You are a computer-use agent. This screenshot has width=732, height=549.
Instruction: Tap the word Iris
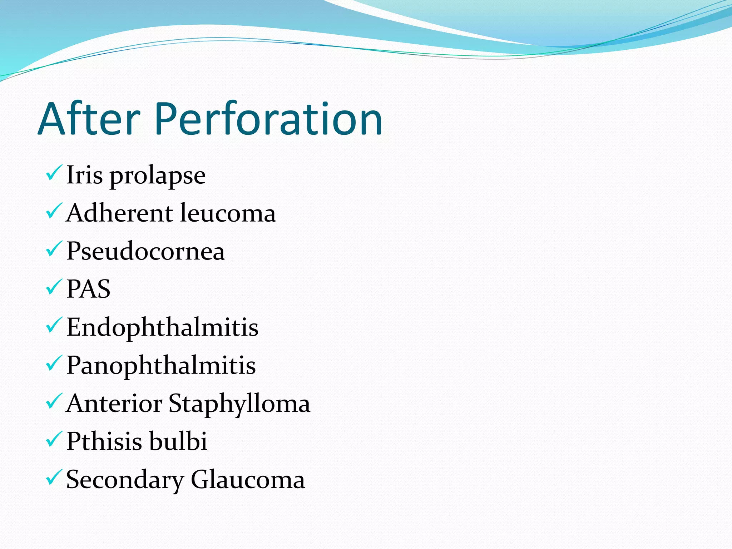click(x=85, y=175)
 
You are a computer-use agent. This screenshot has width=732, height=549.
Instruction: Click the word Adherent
click(x=120, y=213)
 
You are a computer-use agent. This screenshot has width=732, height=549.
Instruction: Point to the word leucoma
click(x=228, y=213)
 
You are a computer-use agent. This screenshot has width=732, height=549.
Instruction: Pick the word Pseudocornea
click(x=145, y=251)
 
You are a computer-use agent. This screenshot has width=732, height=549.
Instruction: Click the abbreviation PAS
click(x=88, y=289)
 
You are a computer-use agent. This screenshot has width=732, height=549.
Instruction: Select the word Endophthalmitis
click(x=162, y=327)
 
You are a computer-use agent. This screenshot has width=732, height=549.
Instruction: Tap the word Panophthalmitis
click(x=161, y=365)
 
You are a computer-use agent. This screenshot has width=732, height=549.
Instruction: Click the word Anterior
click(x=114, y=404)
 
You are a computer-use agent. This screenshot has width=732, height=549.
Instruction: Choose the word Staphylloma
click(x=239, y=404)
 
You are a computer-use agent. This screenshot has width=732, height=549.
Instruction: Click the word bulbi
click(x=178, y=441)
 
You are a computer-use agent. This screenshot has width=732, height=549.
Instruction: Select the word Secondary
click(x=125, y=480)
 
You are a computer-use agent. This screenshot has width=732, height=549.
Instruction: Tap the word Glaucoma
click(x=248, y=480)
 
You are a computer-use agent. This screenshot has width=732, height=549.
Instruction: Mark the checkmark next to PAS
click(x=54, y=287)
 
